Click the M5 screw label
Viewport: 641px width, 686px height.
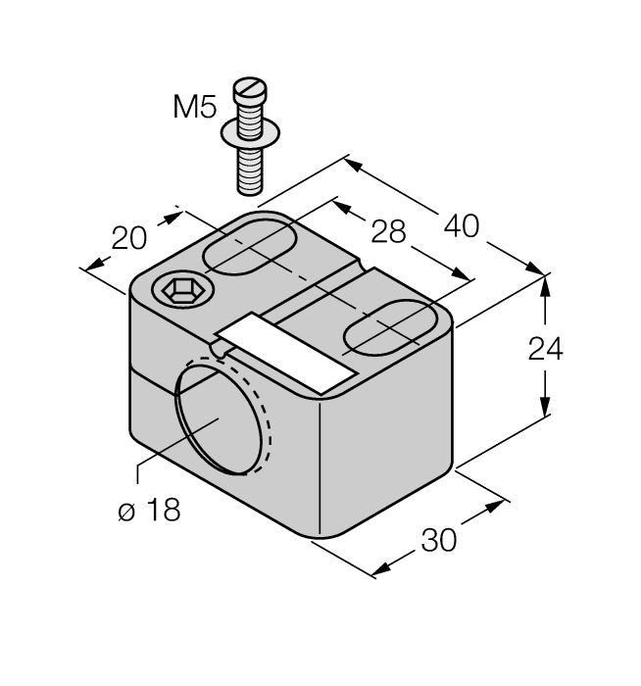coord(194,107)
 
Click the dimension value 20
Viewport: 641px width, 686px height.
coord(129,237)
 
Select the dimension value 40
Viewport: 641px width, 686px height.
coord(461,225)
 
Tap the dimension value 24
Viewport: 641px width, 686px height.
coord(545,348)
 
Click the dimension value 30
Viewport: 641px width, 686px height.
coord(439,540)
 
